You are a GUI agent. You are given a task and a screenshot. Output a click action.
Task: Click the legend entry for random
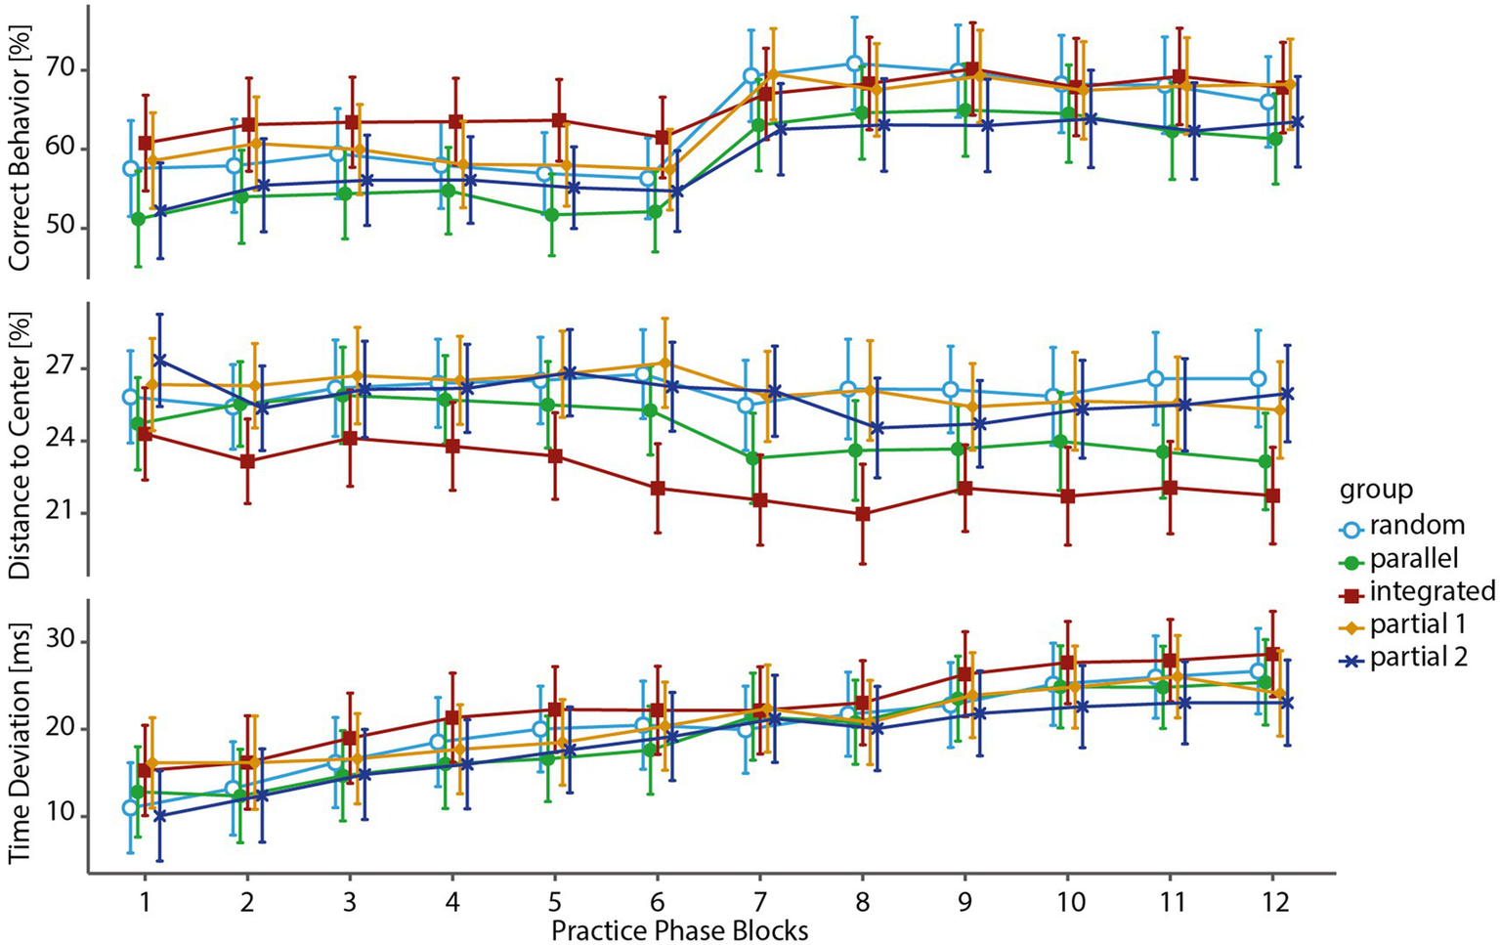pos(1416,526)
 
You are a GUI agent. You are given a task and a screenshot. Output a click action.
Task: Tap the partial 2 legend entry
pos(1418,658)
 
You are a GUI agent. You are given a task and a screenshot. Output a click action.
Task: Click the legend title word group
pos(1375,489)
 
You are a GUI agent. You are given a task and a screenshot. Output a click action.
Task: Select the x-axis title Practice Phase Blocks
pos(679,929)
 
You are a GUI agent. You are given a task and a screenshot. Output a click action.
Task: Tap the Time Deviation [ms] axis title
pos(21,734)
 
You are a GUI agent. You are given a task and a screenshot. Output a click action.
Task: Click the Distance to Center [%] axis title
pos(21,445)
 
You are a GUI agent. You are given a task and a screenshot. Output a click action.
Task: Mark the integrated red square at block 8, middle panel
pos(863,514)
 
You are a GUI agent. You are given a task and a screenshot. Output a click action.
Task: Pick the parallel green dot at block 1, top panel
pos(138,219)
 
